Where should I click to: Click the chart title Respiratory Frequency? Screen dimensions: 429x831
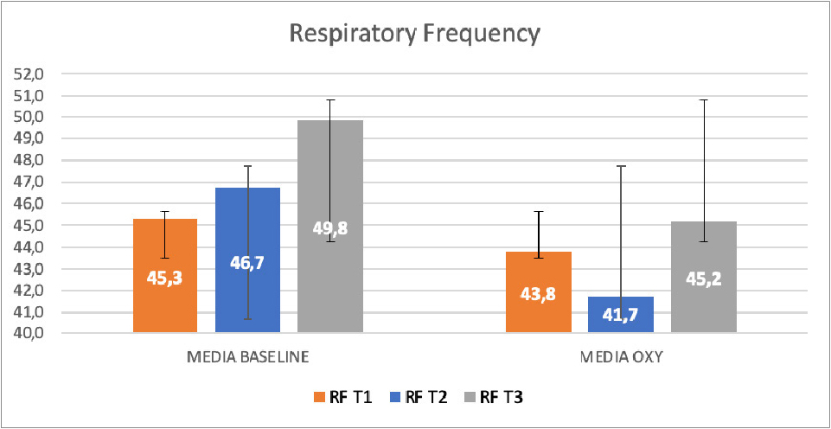(x=415, y=34)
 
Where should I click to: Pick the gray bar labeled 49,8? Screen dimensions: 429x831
(x=329, y=277)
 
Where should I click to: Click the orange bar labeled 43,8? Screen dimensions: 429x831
(x=538, y=311)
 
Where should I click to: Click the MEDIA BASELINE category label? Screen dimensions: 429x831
(x=248, y=357)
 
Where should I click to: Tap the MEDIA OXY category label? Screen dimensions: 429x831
(x=621, y=357)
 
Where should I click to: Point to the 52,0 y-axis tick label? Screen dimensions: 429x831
(x=29, y=74)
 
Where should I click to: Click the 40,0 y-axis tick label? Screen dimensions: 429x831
(x=29, y=334)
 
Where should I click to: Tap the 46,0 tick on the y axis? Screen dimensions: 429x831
(x=29, y=204)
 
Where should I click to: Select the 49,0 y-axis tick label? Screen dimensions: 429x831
(x=29, y=138)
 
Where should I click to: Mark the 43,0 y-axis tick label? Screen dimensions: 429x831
(x=29, y=269)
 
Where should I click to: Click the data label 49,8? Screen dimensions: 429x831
(x=329, y=228)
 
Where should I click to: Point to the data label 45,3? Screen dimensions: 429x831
(x=165, y=278)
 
